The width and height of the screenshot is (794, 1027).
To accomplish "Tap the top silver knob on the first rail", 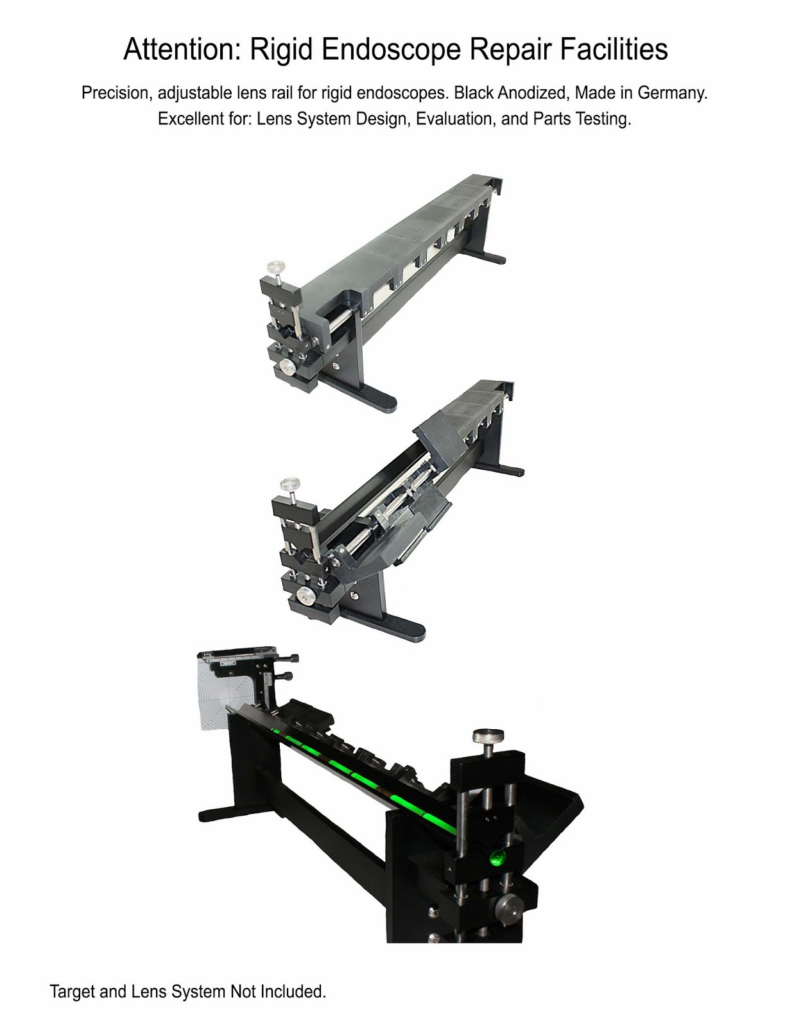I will tap(278, 267).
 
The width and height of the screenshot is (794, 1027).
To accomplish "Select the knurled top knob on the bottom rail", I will tap(488, 740).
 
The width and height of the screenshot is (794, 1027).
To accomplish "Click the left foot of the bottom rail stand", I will tap(215, 815).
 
